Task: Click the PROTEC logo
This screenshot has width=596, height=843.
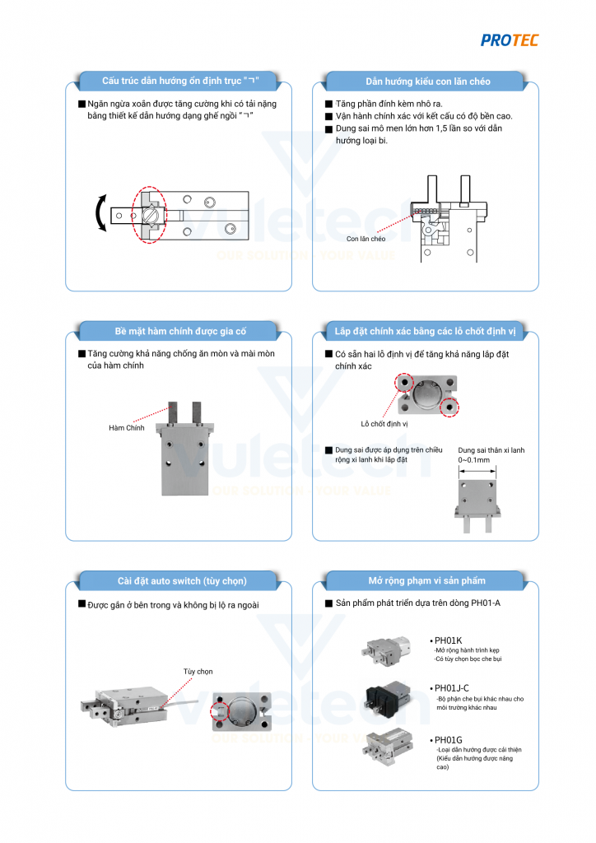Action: tap(509, 40)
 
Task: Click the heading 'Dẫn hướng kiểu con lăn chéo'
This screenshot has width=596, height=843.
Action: tap(427, 82)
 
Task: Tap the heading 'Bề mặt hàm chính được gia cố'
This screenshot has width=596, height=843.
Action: tap(179, 332)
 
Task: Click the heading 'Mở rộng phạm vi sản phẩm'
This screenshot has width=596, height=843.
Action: tap(426, 580)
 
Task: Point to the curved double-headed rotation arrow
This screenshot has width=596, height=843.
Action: tap(101, 213)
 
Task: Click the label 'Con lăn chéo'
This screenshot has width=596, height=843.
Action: tap(366, 239)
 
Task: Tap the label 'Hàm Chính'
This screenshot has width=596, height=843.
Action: tap(126, 428)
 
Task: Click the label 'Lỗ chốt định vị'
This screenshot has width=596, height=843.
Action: tap(384, 424)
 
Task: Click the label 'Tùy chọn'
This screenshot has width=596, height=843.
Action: tap(198, 672)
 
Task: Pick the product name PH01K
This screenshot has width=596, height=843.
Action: tap(449, 640)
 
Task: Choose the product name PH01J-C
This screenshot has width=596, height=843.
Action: tap(454, 687)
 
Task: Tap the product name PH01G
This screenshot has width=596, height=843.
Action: tap(449, 739)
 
